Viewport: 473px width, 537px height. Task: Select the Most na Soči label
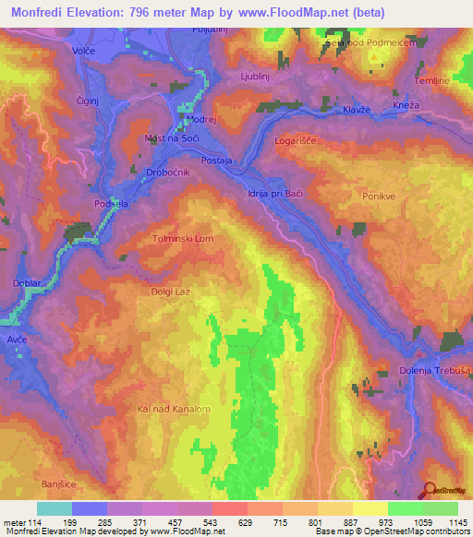173,137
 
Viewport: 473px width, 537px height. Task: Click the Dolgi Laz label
169,292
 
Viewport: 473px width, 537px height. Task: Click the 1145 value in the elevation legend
456,522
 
